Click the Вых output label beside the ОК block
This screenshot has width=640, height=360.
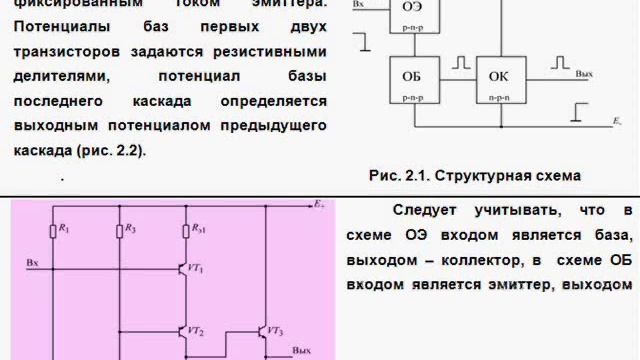click(585, 74)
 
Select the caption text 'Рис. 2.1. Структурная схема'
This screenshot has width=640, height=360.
click(474, 176)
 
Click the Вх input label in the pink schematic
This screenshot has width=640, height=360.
click(33, 262)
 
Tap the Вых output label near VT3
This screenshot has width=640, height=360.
click(301, 351)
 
